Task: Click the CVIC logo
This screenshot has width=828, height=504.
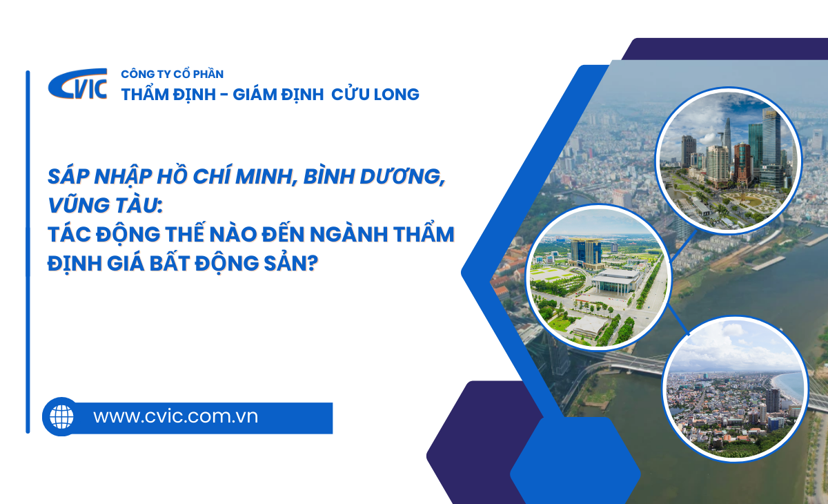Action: [x=77, y=84]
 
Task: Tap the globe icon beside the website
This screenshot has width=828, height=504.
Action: [x=61, y=417]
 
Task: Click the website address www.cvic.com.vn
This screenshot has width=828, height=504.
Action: [x=175, y=417]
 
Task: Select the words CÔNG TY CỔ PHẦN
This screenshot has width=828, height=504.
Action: [x=172, y=75]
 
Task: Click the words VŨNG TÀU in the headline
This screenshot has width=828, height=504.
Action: [x=103, y=206]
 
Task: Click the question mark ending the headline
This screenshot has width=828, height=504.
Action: [x=313, y=263]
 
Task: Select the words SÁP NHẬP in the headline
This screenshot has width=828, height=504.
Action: [x=100, y=177]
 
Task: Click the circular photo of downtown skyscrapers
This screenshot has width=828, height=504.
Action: [x=729, y=161]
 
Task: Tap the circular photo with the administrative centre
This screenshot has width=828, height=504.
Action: [x=598, y=277]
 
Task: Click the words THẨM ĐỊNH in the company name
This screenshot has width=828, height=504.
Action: [x=168, y=94]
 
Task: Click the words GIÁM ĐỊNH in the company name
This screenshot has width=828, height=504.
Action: [x=278, y=94]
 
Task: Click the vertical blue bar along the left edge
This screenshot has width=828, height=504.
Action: [x=28, y=251]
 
